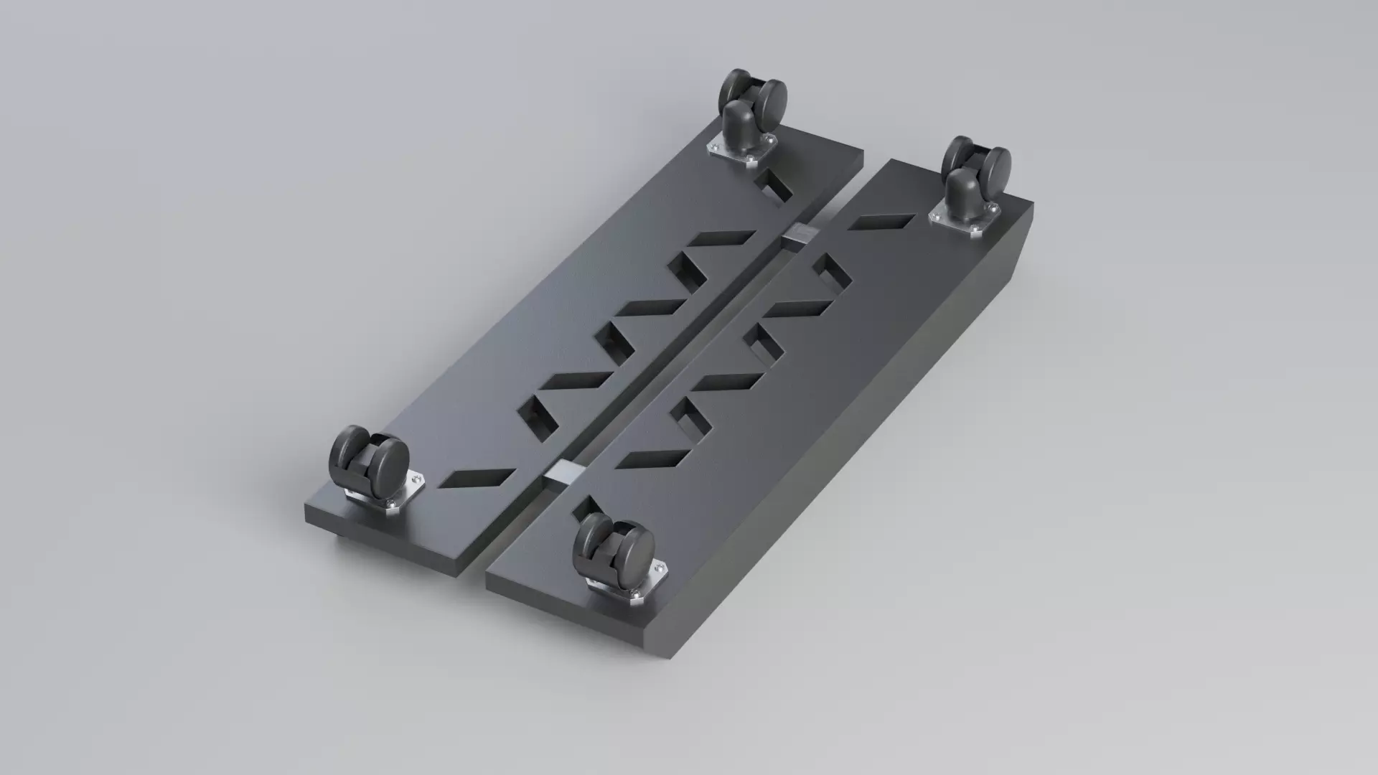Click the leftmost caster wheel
pyautogui.click(x=368, y=459)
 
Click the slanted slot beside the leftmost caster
pyautogui.click(x=477, y=478)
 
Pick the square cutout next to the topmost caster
pyautogui.click(x=774, y=185)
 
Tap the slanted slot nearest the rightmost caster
pyautogui.click(x=881, y=222)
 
